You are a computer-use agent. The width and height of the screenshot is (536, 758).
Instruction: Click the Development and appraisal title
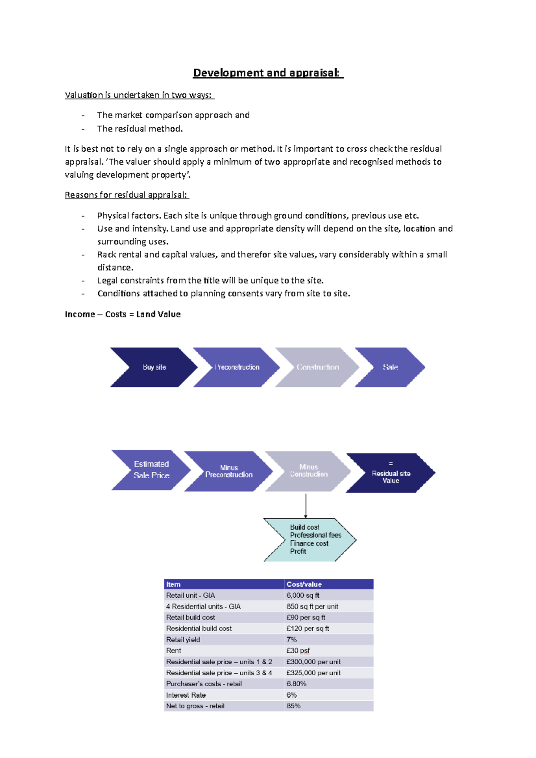(268, 73)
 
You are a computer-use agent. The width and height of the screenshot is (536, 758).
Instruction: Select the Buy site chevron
(154, 367)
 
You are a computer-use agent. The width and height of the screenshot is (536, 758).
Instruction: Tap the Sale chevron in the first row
(390, 367)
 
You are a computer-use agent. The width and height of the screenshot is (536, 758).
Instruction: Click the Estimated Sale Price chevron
(151, 470)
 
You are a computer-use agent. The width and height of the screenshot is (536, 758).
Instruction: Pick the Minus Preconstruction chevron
(229, 471)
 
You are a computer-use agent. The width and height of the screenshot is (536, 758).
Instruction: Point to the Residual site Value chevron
(390, 473)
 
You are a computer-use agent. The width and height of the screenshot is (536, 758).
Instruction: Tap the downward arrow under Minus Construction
(306, 505)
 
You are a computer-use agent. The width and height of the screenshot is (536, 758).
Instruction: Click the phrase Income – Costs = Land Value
(123, 314)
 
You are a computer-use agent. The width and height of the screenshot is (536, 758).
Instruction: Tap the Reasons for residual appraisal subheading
(127, 195)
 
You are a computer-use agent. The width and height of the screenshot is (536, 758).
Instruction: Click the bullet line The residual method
(140, 129)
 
